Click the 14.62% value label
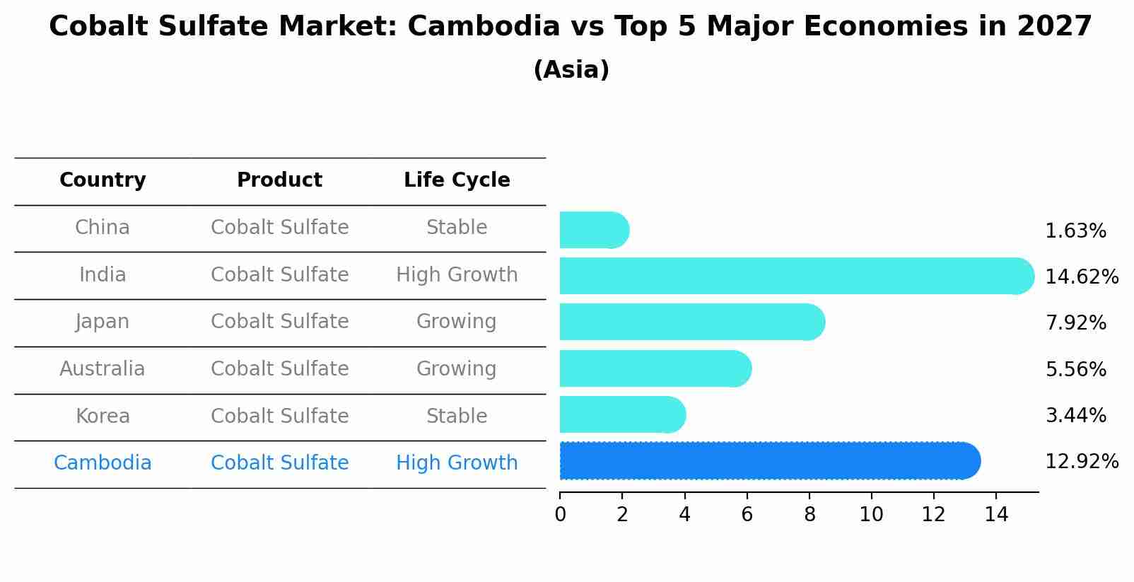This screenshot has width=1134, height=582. (1081, 277)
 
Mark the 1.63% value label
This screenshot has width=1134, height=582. (1075, 231)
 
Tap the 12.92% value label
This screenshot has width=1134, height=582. (1081, 462)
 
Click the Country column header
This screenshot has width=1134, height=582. (103, 180)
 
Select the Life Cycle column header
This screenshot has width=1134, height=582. (457, 180)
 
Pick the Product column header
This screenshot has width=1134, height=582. (279, 180)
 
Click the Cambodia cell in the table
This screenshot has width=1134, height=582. (103, 463)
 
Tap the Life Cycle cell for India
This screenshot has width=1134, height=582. (457, 275)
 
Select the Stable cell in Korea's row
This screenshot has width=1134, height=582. (457, 417)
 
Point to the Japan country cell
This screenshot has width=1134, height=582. (103, 322)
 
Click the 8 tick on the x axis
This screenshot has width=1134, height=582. (809, 515)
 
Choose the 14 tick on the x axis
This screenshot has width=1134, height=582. (996, 515)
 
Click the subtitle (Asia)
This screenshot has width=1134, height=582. (571, 70)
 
